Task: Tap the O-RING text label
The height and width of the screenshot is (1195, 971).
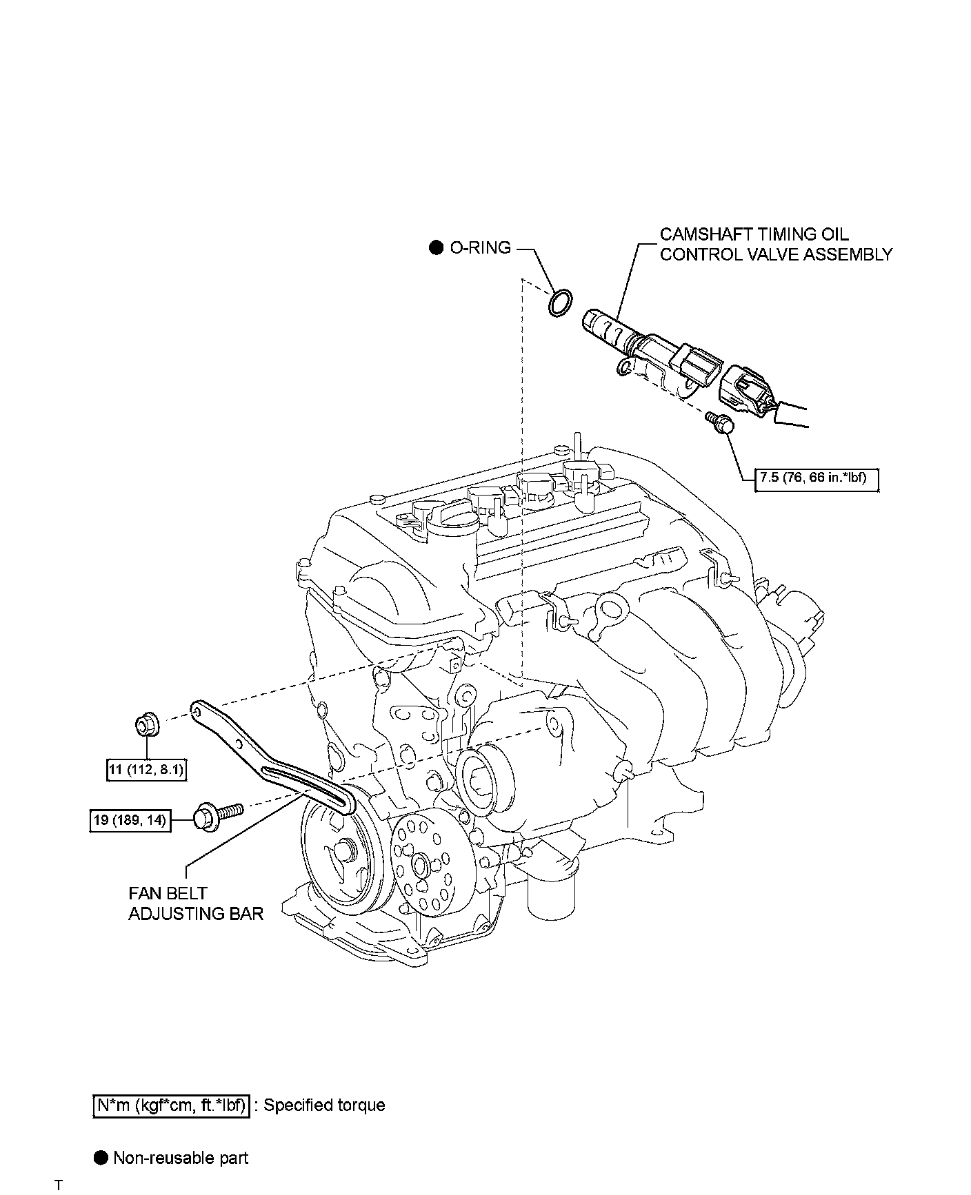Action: [481, 247]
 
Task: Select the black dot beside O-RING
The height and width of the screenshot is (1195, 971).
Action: [436, 247]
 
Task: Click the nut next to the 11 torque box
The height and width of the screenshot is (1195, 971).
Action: [146, 726]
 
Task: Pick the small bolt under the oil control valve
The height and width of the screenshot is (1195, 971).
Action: [719, 422]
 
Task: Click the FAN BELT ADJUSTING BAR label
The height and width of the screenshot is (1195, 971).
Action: [196, 903]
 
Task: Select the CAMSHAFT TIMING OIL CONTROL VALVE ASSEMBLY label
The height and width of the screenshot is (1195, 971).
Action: [776, 245]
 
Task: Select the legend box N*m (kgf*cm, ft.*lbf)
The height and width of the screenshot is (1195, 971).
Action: [170, 1105]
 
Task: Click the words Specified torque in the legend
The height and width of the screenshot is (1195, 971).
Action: [324, 1105]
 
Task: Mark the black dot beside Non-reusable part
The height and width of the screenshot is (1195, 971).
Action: [101, 1158]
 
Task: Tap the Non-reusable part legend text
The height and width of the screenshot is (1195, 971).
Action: [181, 1158]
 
